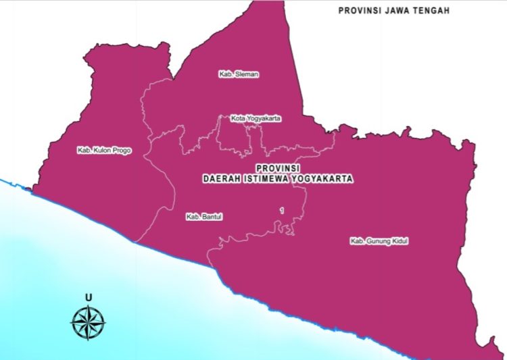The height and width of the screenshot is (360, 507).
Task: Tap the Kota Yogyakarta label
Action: pyautogui.click(x=256, y=118)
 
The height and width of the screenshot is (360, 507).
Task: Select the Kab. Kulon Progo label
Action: pyautogui.click(x=104, y=151)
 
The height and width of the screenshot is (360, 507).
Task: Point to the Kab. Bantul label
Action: pyautogui.click(x=204, y=217)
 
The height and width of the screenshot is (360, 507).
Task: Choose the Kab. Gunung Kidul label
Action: pyautogui.click(x=379, y=241)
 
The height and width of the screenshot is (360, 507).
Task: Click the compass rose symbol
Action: pyautogui.click(x=89, y=322)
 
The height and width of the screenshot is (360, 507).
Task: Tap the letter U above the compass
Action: pyautogui.click(x=89, y=298)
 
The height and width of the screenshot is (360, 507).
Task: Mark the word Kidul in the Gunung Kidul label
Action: pyautogui.click(x=399, y=241)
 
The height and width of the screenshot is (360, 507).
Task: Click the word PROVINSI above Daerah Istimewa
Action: pyautogui.click(x=279, y=167)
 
